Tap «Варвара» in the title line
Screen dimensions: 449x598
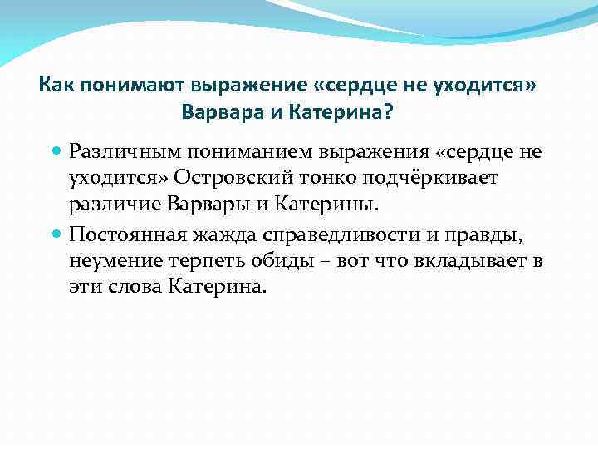click(x=217, y=111)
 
